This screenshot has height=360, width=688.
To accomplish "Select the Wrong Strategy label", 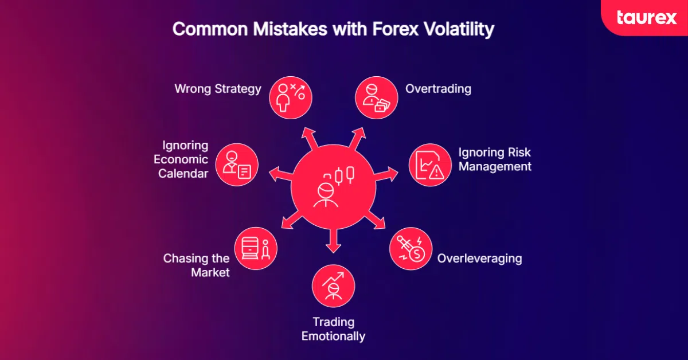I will (218, 89).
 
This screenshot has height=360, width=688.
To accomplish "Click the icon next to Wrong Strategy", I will (291, 96).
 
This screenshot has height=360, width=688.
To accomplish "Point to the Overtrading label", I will (438, 89).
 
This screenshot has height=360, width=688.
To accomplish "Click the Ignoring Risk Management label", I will (494, 159).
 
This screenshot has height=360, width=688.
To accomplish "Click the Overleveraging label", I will (479, 258).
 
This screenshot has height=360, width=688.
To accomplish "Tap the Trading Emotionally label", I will (333, 328).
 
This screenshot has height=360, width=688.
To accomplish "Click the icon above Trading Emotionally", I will (333, 285).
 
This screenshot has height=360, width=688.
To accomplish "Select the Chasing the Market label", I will (197, 265).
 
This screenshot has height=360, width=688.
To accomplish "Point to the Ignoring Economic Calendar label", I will (183, 159).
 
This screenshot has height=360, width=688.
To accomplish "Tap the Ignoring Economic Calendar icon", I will (237, 165).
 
